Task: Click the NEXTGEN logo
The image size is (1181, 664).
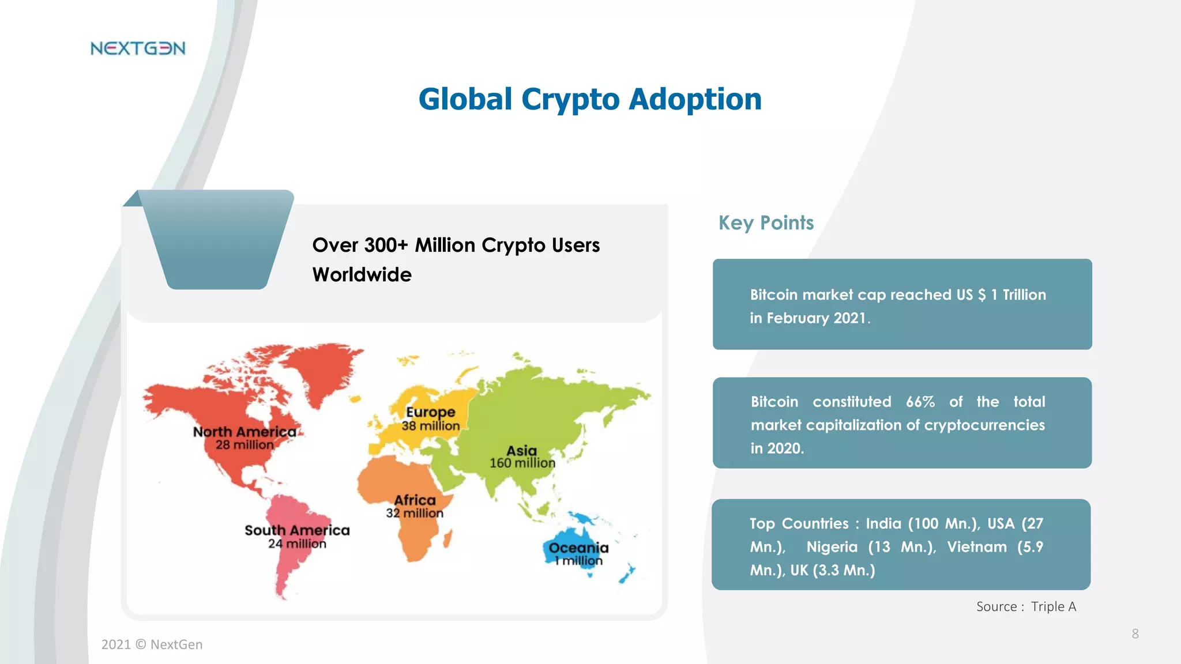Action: point(138,48)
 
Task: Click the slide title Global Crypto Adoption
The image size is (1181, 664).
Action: point(589,99)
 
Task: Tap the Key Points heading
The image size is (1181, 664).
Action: point(765,223)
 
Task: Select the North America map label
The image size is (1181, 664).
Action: point(244,432)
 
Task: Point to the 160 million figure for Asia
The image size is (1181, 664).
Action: point(522,463)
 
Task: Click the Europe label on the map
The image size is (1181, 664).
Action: point(430,412)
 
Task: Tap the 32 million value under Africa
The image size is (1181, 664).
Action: point(415,513)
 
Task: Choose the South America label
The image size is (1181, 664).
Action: point(297,530)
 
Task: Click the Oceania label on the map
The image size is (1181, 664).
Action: point(578,548)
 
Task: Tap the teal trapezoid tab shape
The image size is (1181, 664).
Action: point(217,239)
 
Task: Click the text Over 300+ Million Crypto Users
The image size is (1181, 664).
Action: point(456,246)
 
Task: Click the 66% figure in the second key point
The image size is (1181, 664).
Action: point(920,402)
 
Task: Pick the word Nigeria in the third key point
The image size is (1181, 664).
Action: point(832,547)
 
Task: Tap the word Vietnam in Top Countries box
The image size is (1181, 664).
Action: point(976,547)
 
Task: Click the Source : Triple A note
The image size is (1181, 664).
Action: point(1026,606)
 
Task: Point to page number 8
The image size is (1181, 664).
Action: point(1135,634)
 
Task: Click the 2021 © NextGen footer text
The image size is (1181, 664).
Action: point(152,644)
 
